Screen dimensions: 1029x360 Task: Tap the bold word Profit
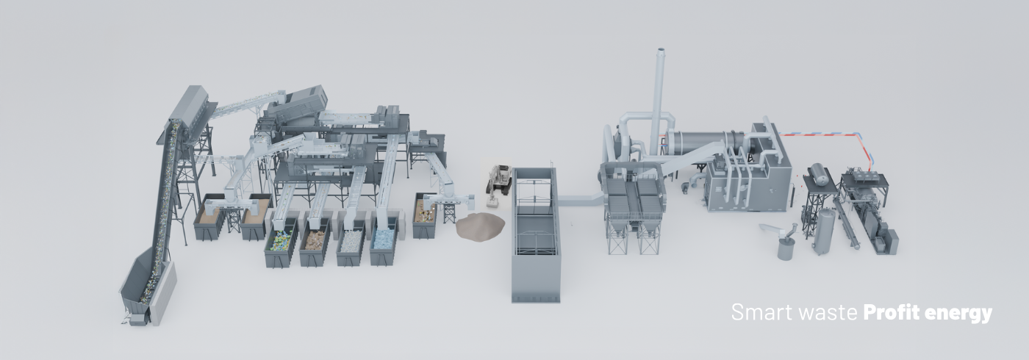892,312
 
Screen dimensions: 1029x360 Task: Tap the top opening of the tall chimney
661,49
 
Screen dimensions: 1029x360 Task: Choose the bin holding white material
351,246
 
